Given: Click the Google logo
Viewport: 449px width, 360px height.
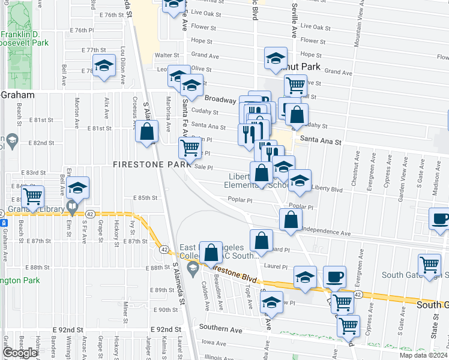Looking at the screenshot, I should pos(20,353).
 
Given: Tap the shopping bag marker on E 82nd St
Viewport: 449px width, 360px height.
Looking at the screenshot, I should pos(146,133).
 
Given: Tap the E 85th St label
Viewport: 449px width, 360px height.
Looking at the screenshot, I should pos(145,197).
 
